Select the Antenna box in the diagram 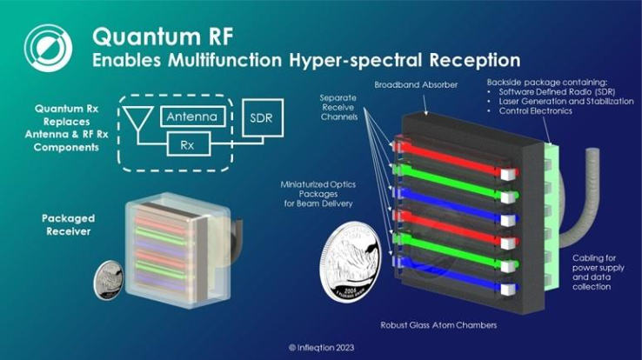click(194, 116)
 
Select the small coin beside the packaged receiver click(111, 279)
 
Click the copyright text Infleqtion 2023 click(321, 347)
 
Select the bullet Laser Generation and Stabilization click(562, 102)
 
